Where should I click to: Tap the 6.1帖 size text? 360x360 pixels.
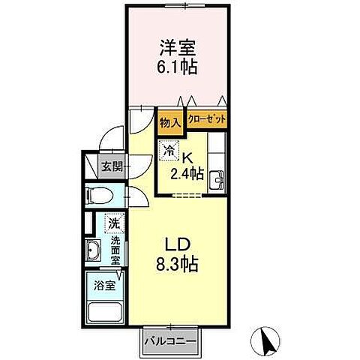[x=176, y=67]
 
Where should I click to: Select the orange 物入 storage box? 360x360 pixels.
[x=170, y=120]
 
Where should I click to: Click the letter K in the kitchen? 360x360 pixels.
[x=188, y=157]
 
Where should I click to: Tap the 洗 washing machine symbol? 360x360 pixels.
[x=113, y=223]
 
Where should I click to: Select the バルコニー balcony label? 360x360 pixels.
[x=170, y=341]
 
